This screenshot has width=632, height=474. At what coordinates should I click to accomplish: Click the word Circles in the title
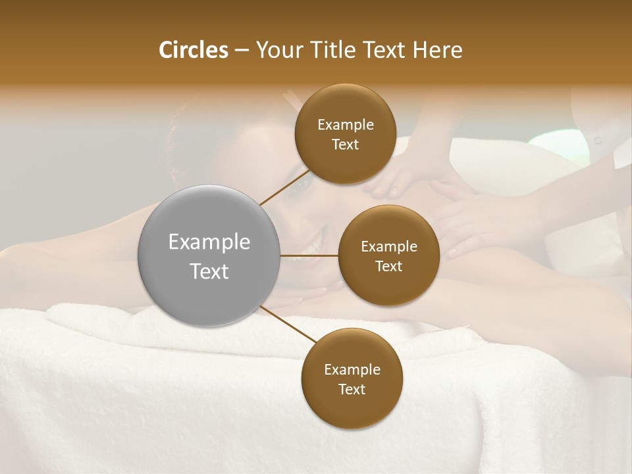(x=194, y=50)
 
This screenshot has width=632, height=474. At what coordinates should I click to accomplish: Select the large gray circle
(x=209, y=256)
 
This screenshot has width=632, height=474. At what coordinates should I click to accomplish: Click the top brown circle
(x=345, y=134)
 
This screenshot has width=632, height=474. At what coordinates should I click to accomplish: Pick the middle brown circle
(x=388, y=255)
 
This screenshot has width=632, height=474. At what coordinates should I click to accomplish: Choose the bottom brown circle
(x=352, y=379)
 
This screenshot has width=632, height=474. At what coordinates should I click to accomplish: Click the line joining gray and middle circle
(x=309, y=255)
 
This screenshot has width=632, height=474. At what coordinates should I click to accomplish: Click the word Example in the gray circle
(x=209, y=242)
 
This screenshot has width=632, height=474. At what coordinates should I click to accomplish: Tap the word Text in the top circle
(x=345, y=144)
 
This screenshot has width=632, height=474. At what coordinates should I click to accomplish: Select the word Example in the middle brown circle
(x=388, y=246)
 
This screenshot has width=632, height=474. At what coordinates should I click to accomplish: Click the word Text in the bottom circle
(x=352, y=389)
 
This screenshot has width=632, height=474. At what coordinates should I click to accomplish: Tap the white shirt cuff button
(x=597, y=140)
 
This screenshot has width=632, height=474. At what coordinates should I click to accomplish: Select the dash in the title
(x=241, y=51)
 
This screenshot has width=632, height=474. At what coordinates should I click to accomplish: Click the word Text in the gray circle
(x=209, y=271)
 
